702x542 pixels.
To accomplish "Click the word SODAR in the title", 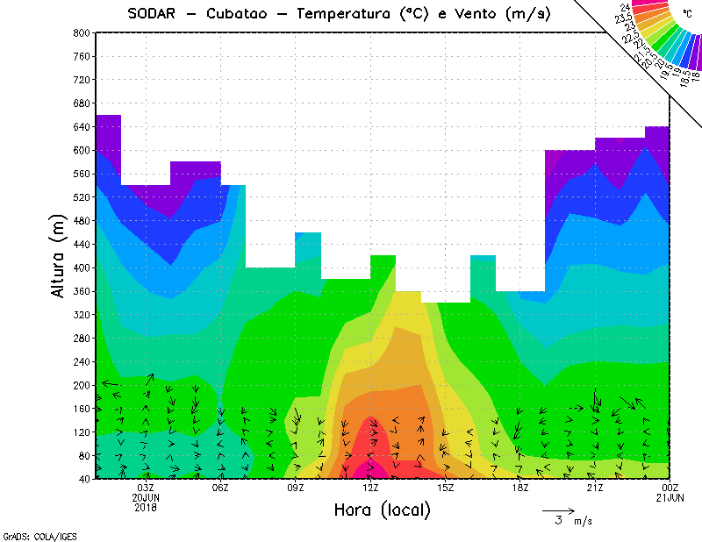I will click(153, 14).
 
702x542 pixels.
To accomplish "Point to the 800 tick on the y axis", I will click(81, 32).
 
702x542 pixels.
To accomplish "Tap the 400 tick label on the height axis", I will click(81, 267).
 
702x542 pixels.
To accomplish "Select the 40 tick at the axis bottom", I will click(83, 479).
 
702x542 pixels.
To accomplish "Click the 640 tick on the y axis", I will click(81, 126).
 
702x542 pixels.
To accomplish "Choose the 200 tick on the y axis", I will click(81, 385).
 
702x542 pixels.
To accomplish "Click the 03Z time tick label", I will click(146, 488).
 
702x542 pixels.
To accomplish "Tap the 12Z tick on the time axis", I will click(370, 488).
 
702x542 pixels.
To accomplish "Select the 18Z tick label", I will click(520, 488).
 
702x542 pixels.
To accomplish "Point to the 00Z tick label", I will click(670, 488).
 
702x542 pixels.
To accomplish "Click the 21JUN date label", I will click(670, 497).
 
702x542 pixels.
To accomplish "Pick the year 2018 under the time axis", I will click(146, 507).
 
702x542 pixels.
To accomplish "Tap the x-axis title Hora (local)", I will click(382, 510).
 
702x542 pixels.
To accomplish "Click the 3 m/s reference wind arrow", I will click(557, 510).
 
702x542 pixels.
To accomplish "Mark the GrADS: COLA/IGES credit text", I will click(33, 534).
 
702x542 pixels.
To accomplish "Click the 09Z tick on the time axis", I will click(296, 488).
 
